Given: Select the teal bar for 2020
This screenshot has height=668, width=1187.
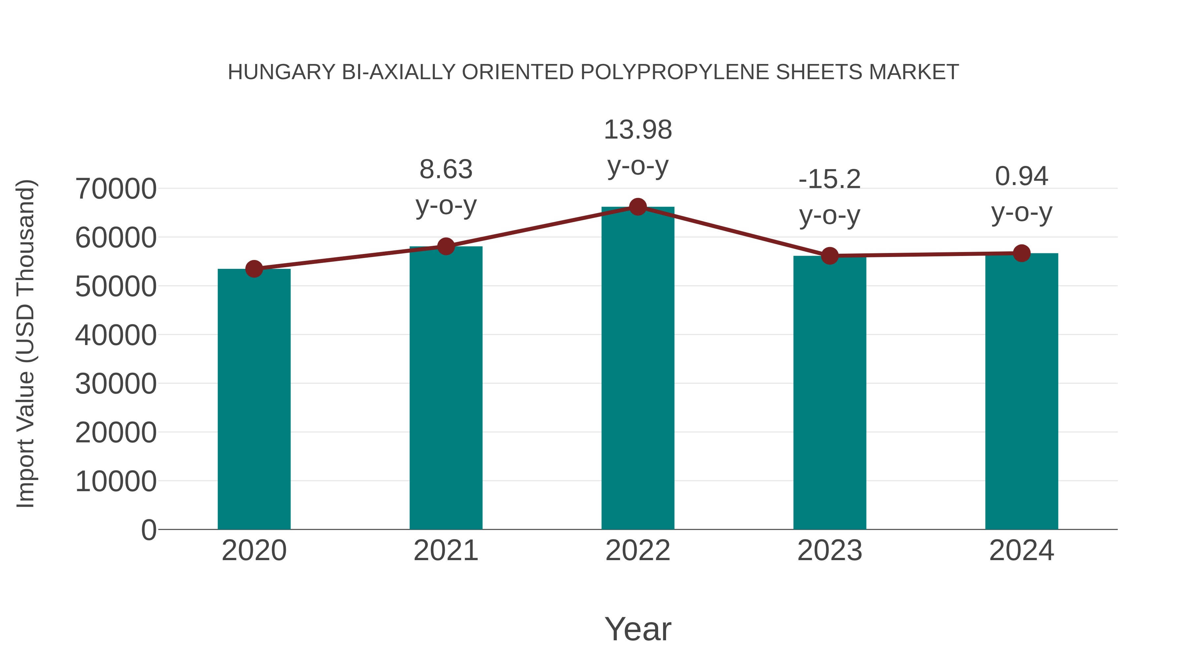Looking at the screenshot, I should coord(254,399).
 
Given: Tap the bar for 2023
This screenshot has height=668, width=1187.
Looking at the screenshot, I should coord(830,392).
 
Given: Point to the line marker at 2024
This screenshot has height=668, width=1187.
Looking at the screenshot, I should coord(1021,253).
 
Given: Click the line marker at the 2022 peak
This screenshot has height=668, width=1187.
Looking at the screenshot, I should coord(638,207).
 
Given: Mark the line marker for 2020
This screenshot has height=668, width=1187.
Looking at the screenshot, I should coord(254,269).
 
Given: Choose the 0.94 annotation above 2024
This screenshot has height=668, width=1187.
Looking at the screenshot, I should coord(1021,176).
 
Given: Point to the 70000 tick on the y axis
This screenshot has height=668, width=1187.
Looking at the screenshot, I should coord(116,189).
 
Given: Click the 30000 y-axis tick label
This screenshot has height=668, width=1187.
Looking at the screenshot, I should coord(116,384).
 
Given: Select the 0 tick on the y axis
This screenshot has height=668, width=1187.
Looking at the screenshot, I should coord(148,530).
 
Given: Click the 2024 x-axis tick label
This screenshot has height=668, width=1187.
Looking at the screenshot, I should coord(1021,551).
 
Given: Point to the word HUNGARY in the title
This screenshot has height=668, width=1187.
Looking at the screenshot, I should coord(282,72).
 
